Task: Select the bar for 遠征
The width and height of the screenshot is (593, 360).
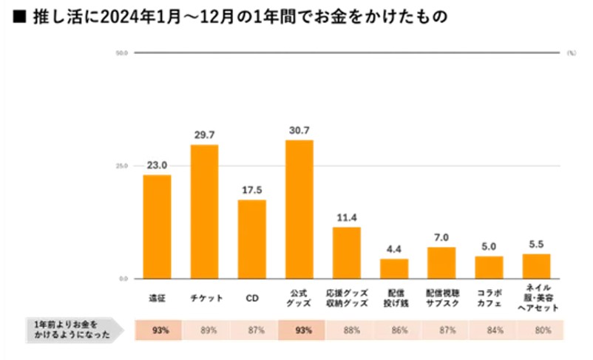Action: click(x=157, y=226)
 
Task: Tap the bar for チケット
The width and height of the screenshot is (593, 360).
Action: click(x=205, y=211)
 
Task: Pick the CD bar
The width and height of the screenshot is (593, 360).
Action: click(x=251, y=239)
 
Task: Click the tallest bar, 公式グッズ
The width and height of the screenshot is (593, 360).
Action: click(x=299, y=209)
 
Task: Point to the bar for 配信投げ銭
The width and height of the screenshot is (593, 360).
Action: click(x=394, y=268)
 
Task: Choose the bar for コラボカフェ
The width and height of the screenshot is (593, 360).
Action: click(x=489, y=267)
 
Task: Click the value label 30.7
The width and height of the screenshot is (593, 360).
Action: click(x=299, y=131)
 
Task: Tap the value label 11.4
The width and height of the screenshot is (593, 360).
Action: click(x=347, y=218)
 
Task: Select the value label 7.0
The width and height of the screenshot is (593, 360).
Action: click(x=441, y=238)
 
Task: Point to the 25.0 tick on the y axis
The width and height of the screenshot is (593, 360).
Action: click(x=122, y=166)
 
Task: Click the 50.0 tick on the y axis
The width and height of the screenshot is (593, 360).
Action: click(x=122, y=53)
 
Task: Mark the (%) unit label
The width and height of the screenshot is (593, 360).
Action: click(x=571, y=53)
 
